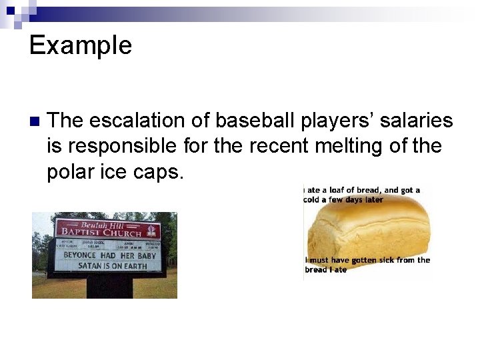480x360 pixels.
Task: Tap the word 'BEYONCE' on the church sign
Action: pyautogui.click(x=79, y=255)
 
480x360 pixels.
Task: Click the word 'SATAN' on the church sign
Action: pyautogui.click(x=89, y=265)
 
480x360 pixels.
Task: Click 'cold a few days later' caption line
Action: pyautogui.click(x=343, y=199)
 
